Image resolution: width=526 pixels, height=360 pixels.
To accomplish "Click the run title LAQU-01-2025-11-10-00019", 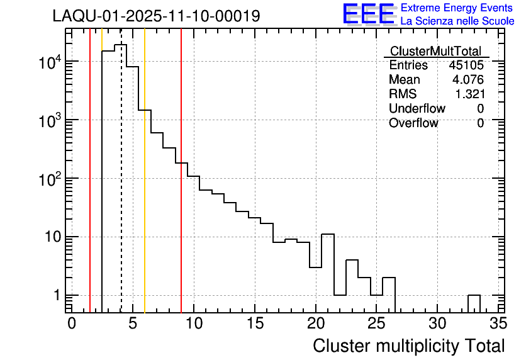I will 156,16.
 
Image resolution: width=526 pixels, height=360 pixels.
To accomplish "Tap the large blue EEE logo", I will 368,13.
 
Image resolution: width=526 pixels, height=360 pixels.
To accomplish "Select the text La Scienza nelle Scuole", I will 457,21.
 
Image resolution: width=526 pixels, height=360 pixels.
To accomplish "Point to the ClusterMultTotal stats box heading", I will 435,51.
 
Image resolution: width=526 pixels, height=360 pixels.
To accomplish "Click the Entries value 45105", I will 466,65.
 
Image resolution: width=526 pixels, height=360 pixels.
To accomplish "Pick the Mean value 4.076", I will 467,80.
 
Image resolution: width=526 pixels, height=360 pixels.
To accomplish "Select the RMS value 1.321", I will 469,94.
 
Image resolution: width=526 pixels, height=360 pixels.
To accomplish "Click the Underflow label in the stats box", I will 417,108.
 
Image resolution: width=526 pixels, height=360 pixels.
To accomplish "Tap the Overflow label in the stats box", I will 413,123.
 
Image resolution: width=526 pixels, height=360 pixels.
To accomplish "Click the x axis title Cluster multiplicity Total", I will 408,346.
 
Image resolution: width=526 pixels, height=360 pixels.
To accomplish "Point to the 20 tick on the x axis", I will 315,324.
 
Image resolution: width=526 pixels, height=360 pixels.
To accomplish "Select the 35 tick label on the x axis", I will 498,324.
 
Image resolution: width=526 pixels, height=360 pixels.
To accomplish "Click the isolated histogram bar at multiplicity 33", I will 474,303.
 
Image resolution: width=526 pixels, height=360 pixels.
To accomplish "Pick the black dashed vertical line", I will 121,189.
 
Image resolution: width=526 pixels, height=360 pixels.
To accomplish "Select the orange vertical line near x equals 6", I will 145,189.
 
